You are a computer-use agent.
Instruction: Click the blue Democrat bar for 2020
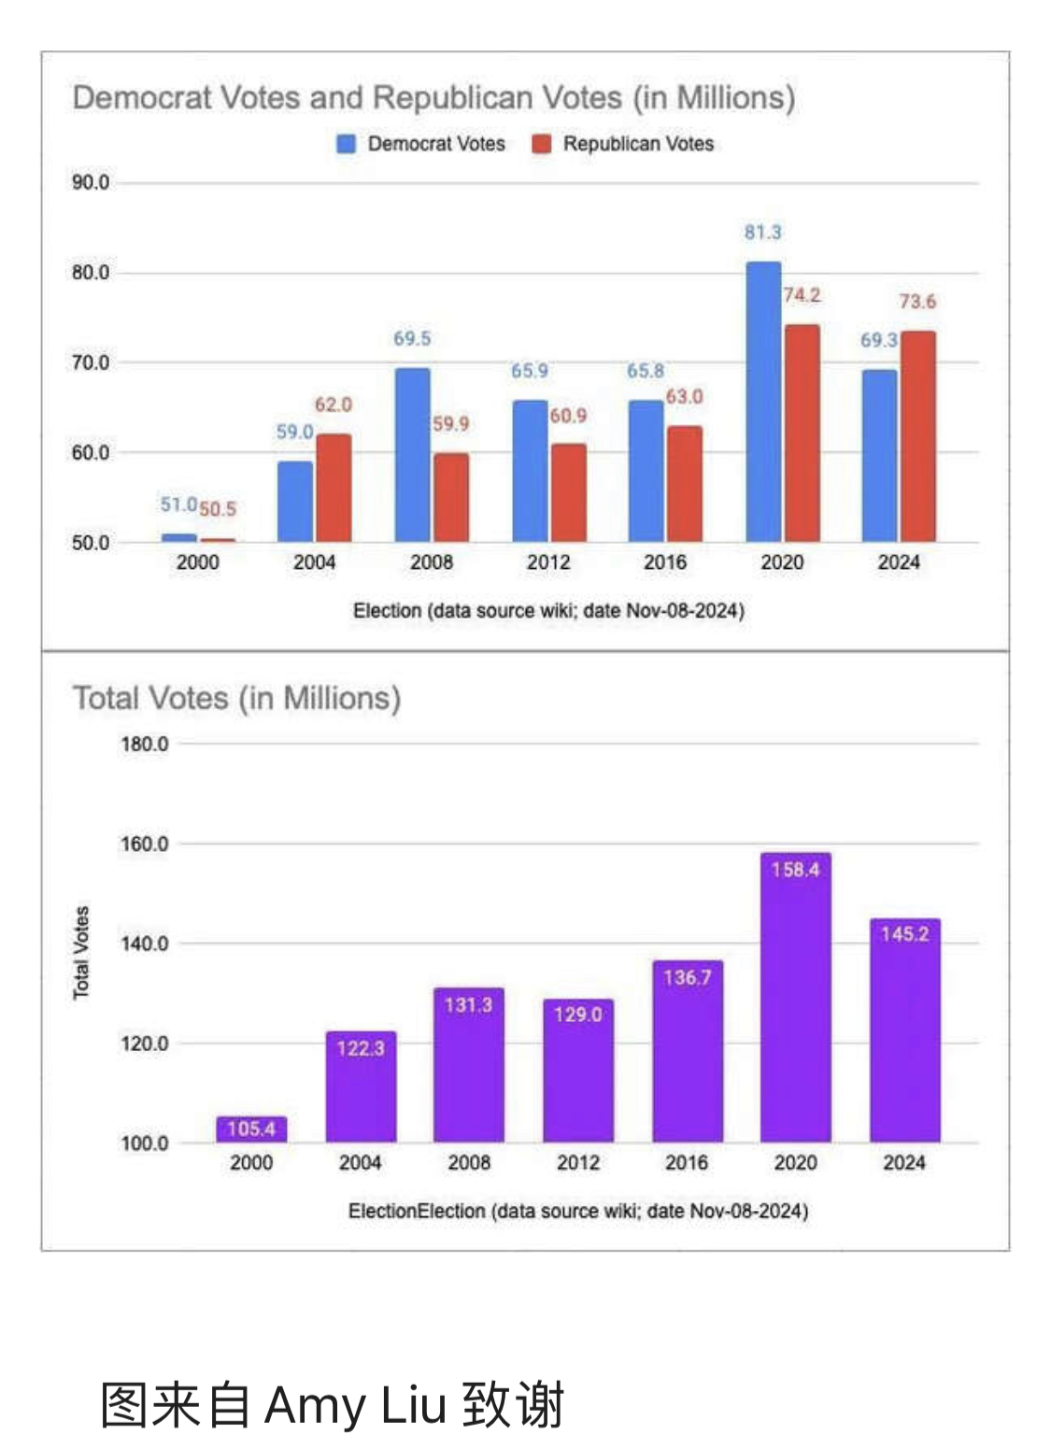coord(762,402)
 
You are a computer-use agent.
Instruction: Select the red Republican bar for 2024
coord(917,436)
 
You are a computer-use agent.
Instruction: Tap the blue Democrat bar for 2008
coord(412,455)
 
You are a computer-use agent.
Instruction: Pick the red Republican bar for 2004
coord(334,488)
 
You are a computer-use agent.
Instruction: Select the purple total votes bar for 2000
coord(251,1129)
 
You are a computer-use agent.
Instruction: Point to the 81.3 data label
coord(762,233)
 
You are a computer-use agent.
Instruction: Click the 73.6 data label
coord(917,302)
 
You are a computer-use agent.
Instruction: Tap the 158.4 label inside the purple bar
coord(795,870)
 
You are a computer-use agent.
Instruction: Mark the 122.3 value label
coord(361,1048)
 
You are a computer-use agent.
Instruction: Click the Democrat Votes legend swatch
coord(347,144)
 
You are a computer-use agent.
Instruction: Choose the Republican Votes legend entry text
coord(638,144)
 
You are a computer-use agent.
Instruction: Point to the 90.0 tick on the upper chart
coord(91,183)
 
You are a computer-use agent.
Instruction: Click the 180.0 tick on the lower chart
coord(144,745)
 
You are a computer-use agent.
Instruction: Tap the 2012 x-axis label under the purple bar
coord(577,1163)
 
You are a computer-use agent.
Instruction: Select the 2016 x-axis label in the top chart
coord(664,562)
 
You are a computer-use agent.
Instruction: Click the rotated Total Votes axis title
coord(81,952)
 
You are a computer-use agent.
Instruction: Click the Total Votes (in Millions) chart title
coord(236,699)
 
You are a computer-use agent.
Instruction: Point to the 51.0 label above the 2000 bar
coord(178,504)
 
